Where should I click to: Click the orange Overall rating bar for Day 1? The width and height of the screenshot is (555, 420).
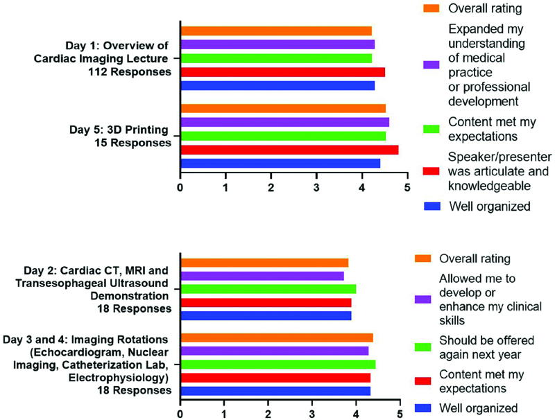coord(276,30)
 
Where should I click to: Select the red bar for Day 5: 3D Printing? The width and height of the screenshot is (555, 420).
coord(289,150)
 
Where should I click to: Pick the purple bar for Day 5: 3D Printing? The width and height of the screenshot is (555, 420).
coord(284,122)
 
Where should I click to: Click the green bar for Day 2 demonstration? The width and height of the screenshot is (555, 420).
coord(268,289)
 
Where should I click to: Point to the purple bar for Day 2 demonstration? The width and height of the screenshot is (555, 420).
coord(262,276)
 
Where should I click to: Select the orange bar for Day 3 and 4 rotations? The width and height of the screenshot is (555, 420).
coord(277,338)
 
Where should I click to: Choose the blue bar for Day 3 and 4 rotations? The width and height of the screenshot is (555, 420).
coord(275,391)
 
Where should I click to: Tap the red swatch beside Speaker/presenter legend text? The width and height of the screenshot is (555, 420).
coord(432,173)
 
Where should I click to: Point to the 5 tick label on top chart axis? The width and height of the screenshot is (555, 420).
coord(407,187)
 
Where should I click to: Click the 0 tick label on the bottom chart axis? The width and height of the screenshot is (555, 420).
coord(180,414)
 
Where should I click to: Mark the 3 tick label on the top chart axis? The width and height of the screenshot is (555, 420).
coord(316,187)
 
